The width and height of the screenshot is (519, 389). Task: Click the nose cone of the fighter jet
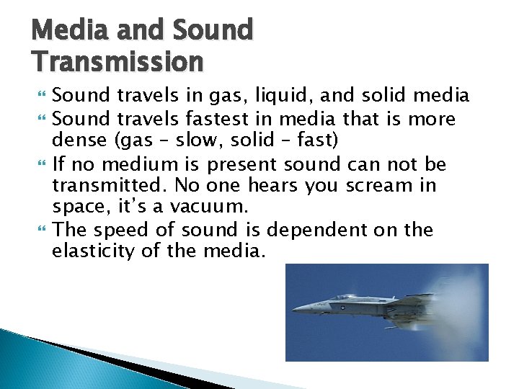click(x=296, y=310)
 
